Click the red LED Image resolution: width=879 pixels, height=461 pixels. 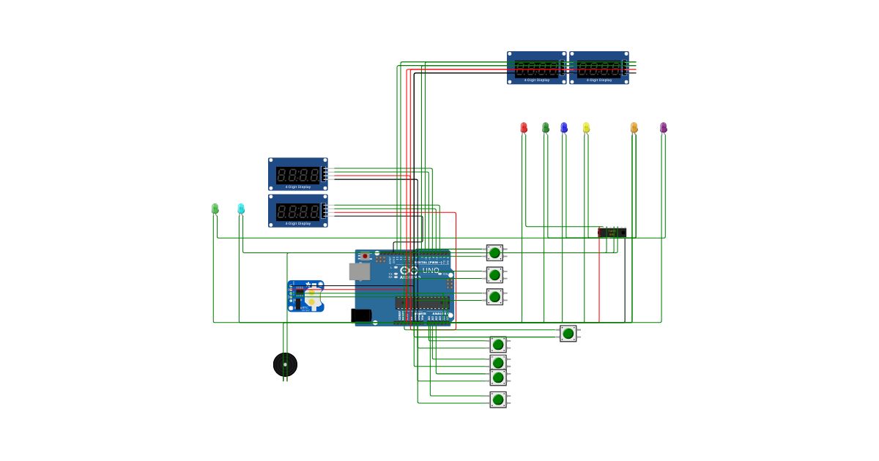pyautogui.click(x=524, y=128)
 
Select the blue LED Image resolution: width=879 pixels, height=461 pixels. pyautogui.click(x=564, y=128)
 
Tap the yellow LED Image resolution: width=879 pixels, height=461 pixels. pyautogui.click(x=586, y=128)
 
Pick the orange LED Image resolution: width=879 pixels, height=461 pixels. pyautogui.click(x=634, y=128)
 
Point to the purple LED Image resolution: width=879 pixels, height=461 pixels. pyautogui.click(x=664, y=128)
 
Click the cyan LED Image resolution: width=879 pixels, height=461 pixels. pyautogui.click(x=241, y=209)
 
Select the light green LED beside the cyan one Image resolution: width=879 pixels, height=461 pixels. pyautogui.click(x=215, y=209)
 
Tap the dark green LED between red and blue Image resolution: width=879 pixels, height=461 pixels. pyautogui.click(x=546, y=128)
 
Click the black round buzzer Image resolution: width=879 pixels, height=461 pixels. pyautogui.click(x=286, y=364)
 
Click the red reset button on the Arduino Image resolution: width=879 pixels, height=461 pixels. pyautogui.click(x=365, y=257)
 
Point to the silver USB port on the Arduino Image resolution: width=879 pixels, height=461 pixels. pyautogui.click(x=359, y=272)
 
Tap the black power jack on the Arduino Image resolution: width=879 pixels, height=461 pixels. pyautogui.click(x=361, y=315)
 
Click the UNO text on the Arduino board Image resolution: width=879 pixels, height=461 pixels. pyautogui.click(x=431, y=271)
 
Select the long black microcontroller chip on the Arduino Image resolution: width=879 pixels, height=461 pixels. pyautogui.click(x=421, y=302)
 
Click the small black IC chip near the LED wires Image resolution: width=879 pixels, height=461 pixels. pyautogui.click(x=612, y=233)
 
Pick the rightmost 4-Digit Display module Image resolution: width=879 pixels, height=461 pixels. pyautogui.click(x=599, y=68)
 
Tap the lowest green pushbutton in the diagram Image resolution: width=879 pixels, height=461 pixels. pyautogui.click(x=498, y=400)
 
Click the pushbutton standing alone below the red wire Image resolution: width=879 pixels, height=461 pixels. pyautogui.click(x=568, y=334)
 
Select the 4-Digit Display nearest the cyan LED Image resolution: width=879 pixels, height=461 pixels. pyautogui.click(x=298, y=211)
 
